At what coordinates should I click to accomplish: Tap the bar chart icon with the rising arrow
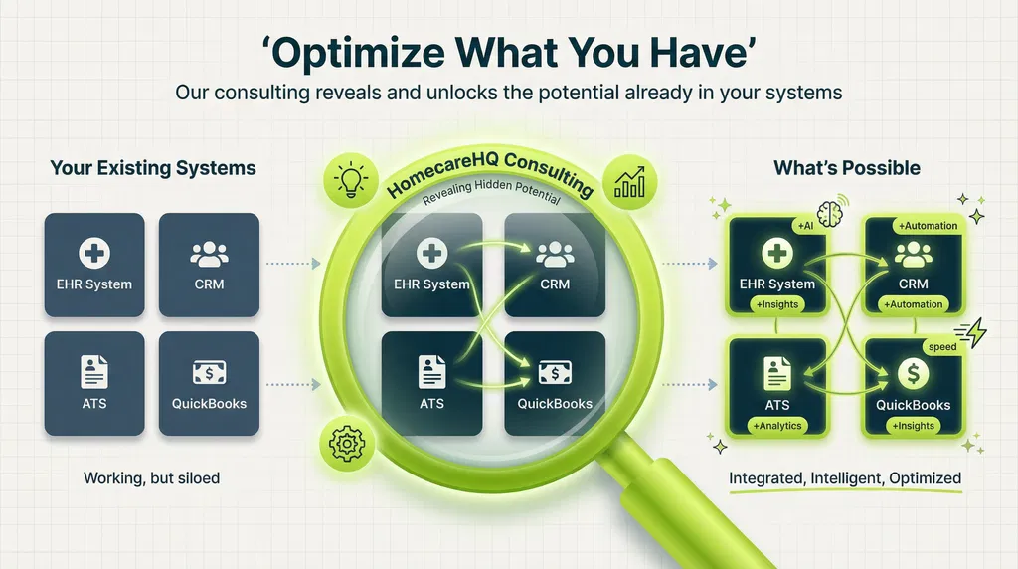click(626, 182)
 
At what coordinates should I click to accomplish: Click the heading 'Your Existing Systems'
click(153, 168)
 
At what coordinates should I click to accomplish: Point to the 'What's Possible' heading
click(846, 168)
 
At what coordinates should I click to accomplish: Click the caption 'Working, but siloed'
click(152, 478)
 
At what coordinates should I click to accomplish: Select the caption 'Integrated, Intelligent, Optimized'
click(845, 478)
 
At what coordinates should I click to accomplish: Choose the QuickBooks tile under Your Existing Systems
click(209, 383)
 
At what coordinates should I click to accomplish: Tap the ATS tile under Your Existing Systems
click(93, 383)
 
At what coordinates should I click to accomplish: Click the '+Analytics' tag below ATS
click(777, 426)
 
